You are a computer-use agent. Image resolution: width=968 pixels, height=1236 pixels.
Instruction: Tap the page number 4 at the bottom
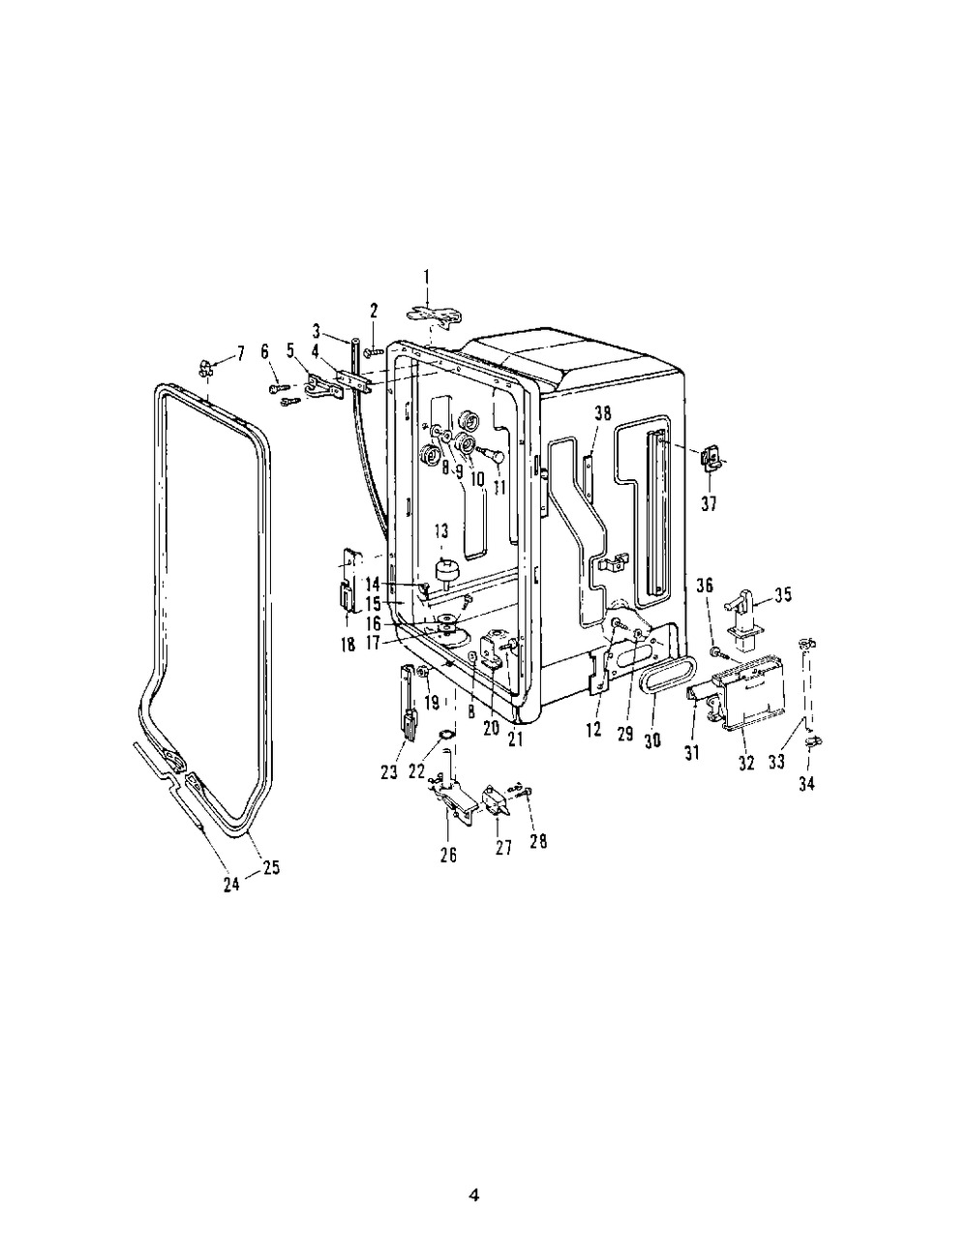pyautogui.click(x=473, y=1178)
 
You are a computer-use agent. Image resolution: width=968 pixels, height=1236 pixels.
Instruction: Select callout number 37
pyautogui.click(x=709, y=503)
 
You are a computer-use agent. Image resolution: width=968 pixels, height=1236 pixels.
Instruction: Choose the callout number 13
pyautogui.click(x=441, y=531)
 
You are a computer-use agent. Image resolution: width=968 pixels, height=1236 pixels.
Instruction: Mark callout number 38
pyautogui.click(x=603, y=413)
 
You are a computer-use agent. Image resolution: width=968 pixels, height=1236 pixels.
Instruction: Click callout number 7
pyautogui.click(x=241, y=354)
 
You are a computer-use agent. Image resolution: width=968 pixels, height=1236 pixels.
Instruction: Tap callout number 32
pyautogui.click(x=746, y=764)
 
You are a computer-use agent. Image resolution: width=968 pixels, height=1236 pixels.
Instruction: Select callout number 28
pyautogui.click(x=538, y=841)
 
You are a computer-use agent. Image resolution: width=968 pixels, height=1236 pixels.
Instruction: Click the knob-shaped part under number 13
pyautogui.click(x=446, y=570)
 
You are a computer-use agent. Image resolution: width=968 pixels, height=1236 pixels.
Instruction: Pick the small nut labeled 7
pyautogui.click(x=205, y=369)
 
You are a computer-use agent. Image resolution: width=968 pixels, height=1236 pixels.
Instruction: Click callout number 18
pyautogui.click(x=348, y=645)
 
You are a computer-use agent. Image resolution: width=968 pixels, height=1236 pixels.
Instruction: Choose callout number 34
pyautogui.click(x=806, y=784)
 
